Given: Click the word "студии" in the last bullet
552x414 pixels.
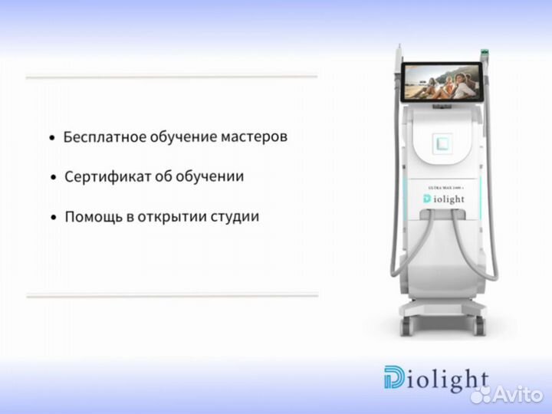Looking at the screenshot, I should [x=233, y=217].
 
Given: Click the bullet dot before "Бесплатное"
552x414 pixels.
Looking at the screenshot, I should [x=51, y=140].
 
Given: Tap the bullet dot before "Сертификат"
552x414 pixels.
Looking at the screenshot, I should [x=53, y=178].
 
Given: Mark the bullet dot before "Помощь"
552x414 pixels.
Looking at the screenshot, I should [x=53, y=218].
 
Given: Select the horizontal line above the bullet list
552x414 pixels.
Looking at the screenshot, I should [x=172, y=77].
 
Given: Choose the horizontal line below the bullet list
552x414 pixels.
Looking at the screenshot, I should [x=172, y=294].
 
